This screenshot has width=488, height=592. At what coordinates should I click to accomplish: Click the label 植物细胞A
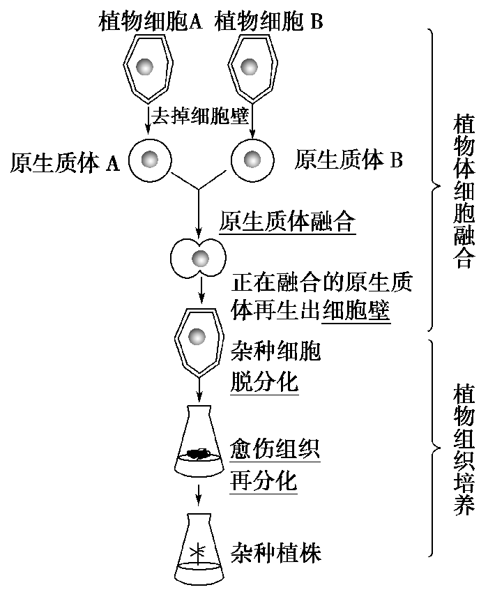pos(150,22)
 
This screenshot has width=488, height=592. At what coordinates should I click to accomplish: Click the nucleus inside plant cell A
pos(146,68)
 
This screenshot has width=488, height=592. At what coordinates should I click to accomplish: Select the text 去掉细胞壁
pos(199,115)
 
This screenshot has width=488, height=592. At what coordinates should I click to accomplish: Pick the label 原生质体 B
pos(349,160)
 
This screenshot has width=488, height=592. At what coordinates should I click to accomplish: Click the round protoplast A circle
pos(148,160)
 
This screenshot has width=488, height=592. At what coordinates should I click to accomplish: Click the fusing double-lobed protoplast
pos(199,258)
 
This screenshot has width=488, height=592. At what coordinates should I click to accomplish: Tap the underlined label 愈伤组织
pos(275,451)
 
